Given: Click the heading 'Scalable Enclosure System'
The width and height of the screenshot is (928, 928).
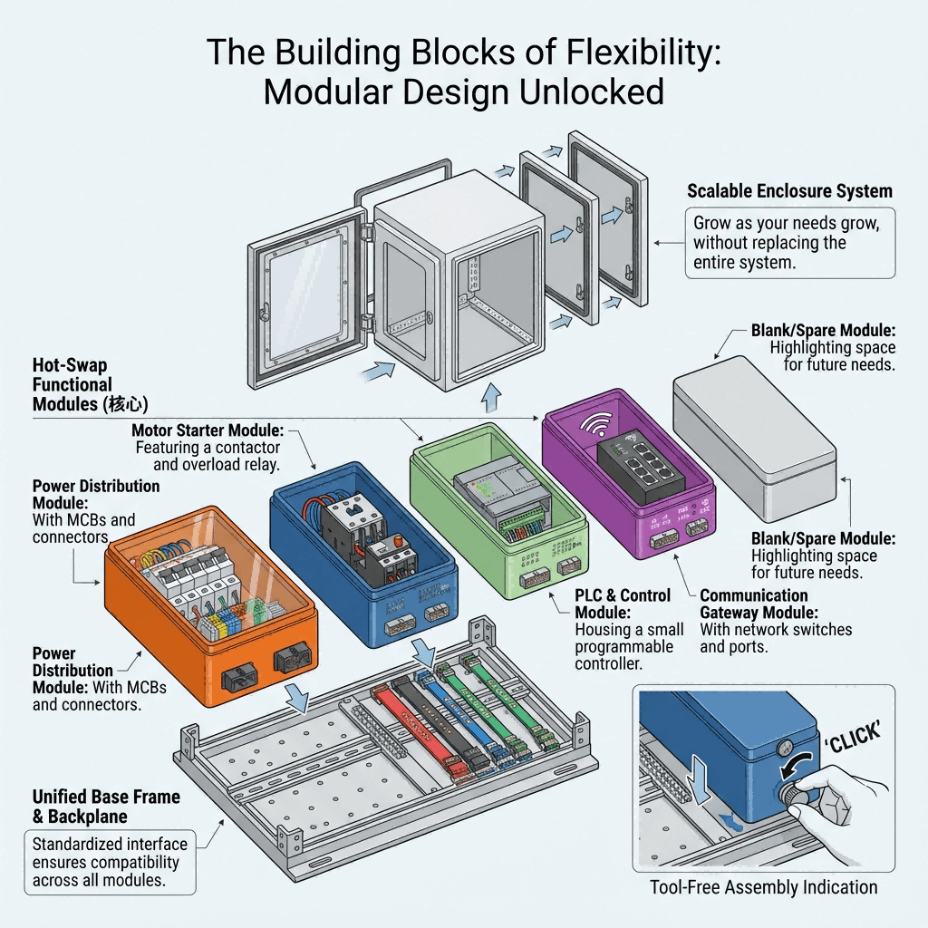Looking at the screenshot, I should tap(789, 191).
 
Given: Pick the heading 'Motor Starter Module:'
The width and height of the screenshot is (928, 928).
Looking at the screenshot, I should tap(208, 430).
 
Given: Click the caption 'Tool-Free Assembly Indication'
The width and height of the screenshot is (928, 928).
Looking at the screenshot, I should tap(763, 887).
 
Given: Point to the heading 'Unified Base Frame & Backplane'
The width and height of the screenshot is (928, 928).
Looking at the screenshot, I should tap(106, 807).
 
